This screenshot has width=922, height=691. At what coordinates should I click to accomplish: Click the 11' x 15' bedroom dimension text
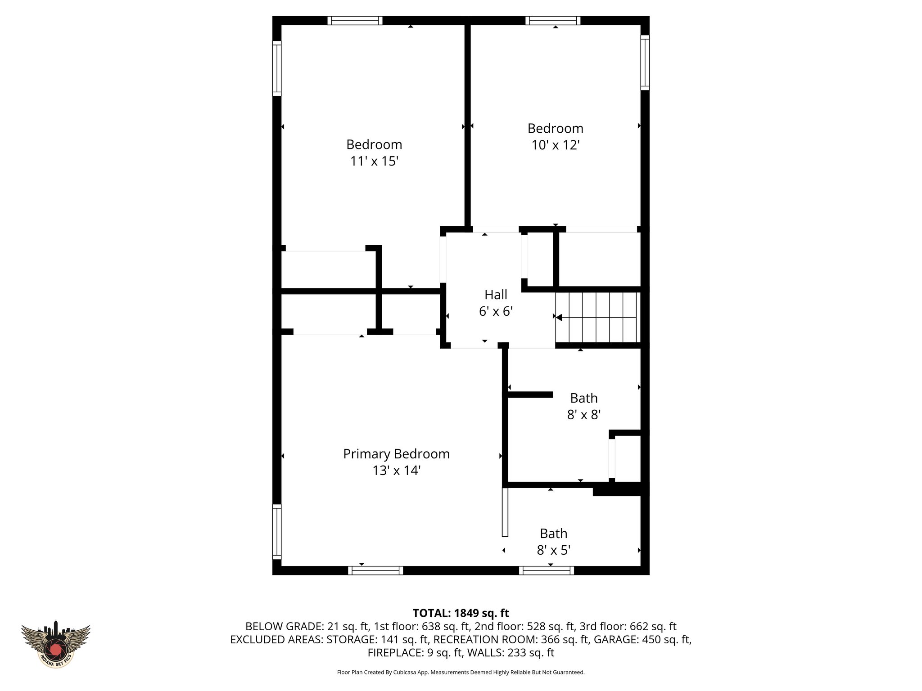click(x=374, y=161)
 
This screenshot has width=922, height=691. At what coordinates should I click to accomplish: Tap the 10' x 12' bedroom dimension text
click(x=555, y=145)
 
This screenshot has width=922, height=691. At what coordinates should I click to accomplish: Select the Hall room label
click(x=496, y=295)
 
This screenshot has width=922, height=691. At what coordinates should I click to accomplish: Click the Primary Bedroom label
click(x=396, y=453)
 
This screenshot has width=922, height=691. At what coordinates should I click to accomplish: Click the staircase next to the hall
click(x=598, y=317)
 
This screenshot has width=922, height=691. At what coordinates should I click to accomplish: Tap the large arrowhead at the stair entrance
click(x=559, y=318)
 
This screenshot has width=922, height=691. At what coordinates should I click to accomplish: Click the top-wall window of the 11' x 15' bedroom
click(x=355, y=21)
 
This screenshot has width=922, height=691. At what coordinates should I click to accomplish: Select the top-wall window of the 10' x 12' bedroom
click(x=553, y=21)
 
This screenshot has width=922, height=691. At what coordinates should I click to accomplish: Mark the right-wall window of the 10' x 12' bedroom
click(x=645, y=63)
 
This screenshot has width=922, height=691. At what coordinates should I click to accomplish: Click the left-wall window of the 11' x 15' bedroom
click(x=277, y=68)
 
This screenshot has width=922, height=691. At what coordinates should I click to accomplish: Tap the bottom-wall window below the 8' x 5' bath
click(x=546, y=570)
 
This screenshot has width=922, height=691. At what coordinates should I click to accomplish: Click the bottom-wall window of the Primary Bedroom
click(x=375, y=570)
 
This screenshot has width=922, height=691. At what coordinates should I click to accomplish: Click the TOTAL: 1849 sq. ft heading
click(x=461, y=613)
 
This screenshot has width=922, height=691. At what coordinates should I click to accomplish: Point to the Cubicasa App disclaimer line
click(x=461, y=672)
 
